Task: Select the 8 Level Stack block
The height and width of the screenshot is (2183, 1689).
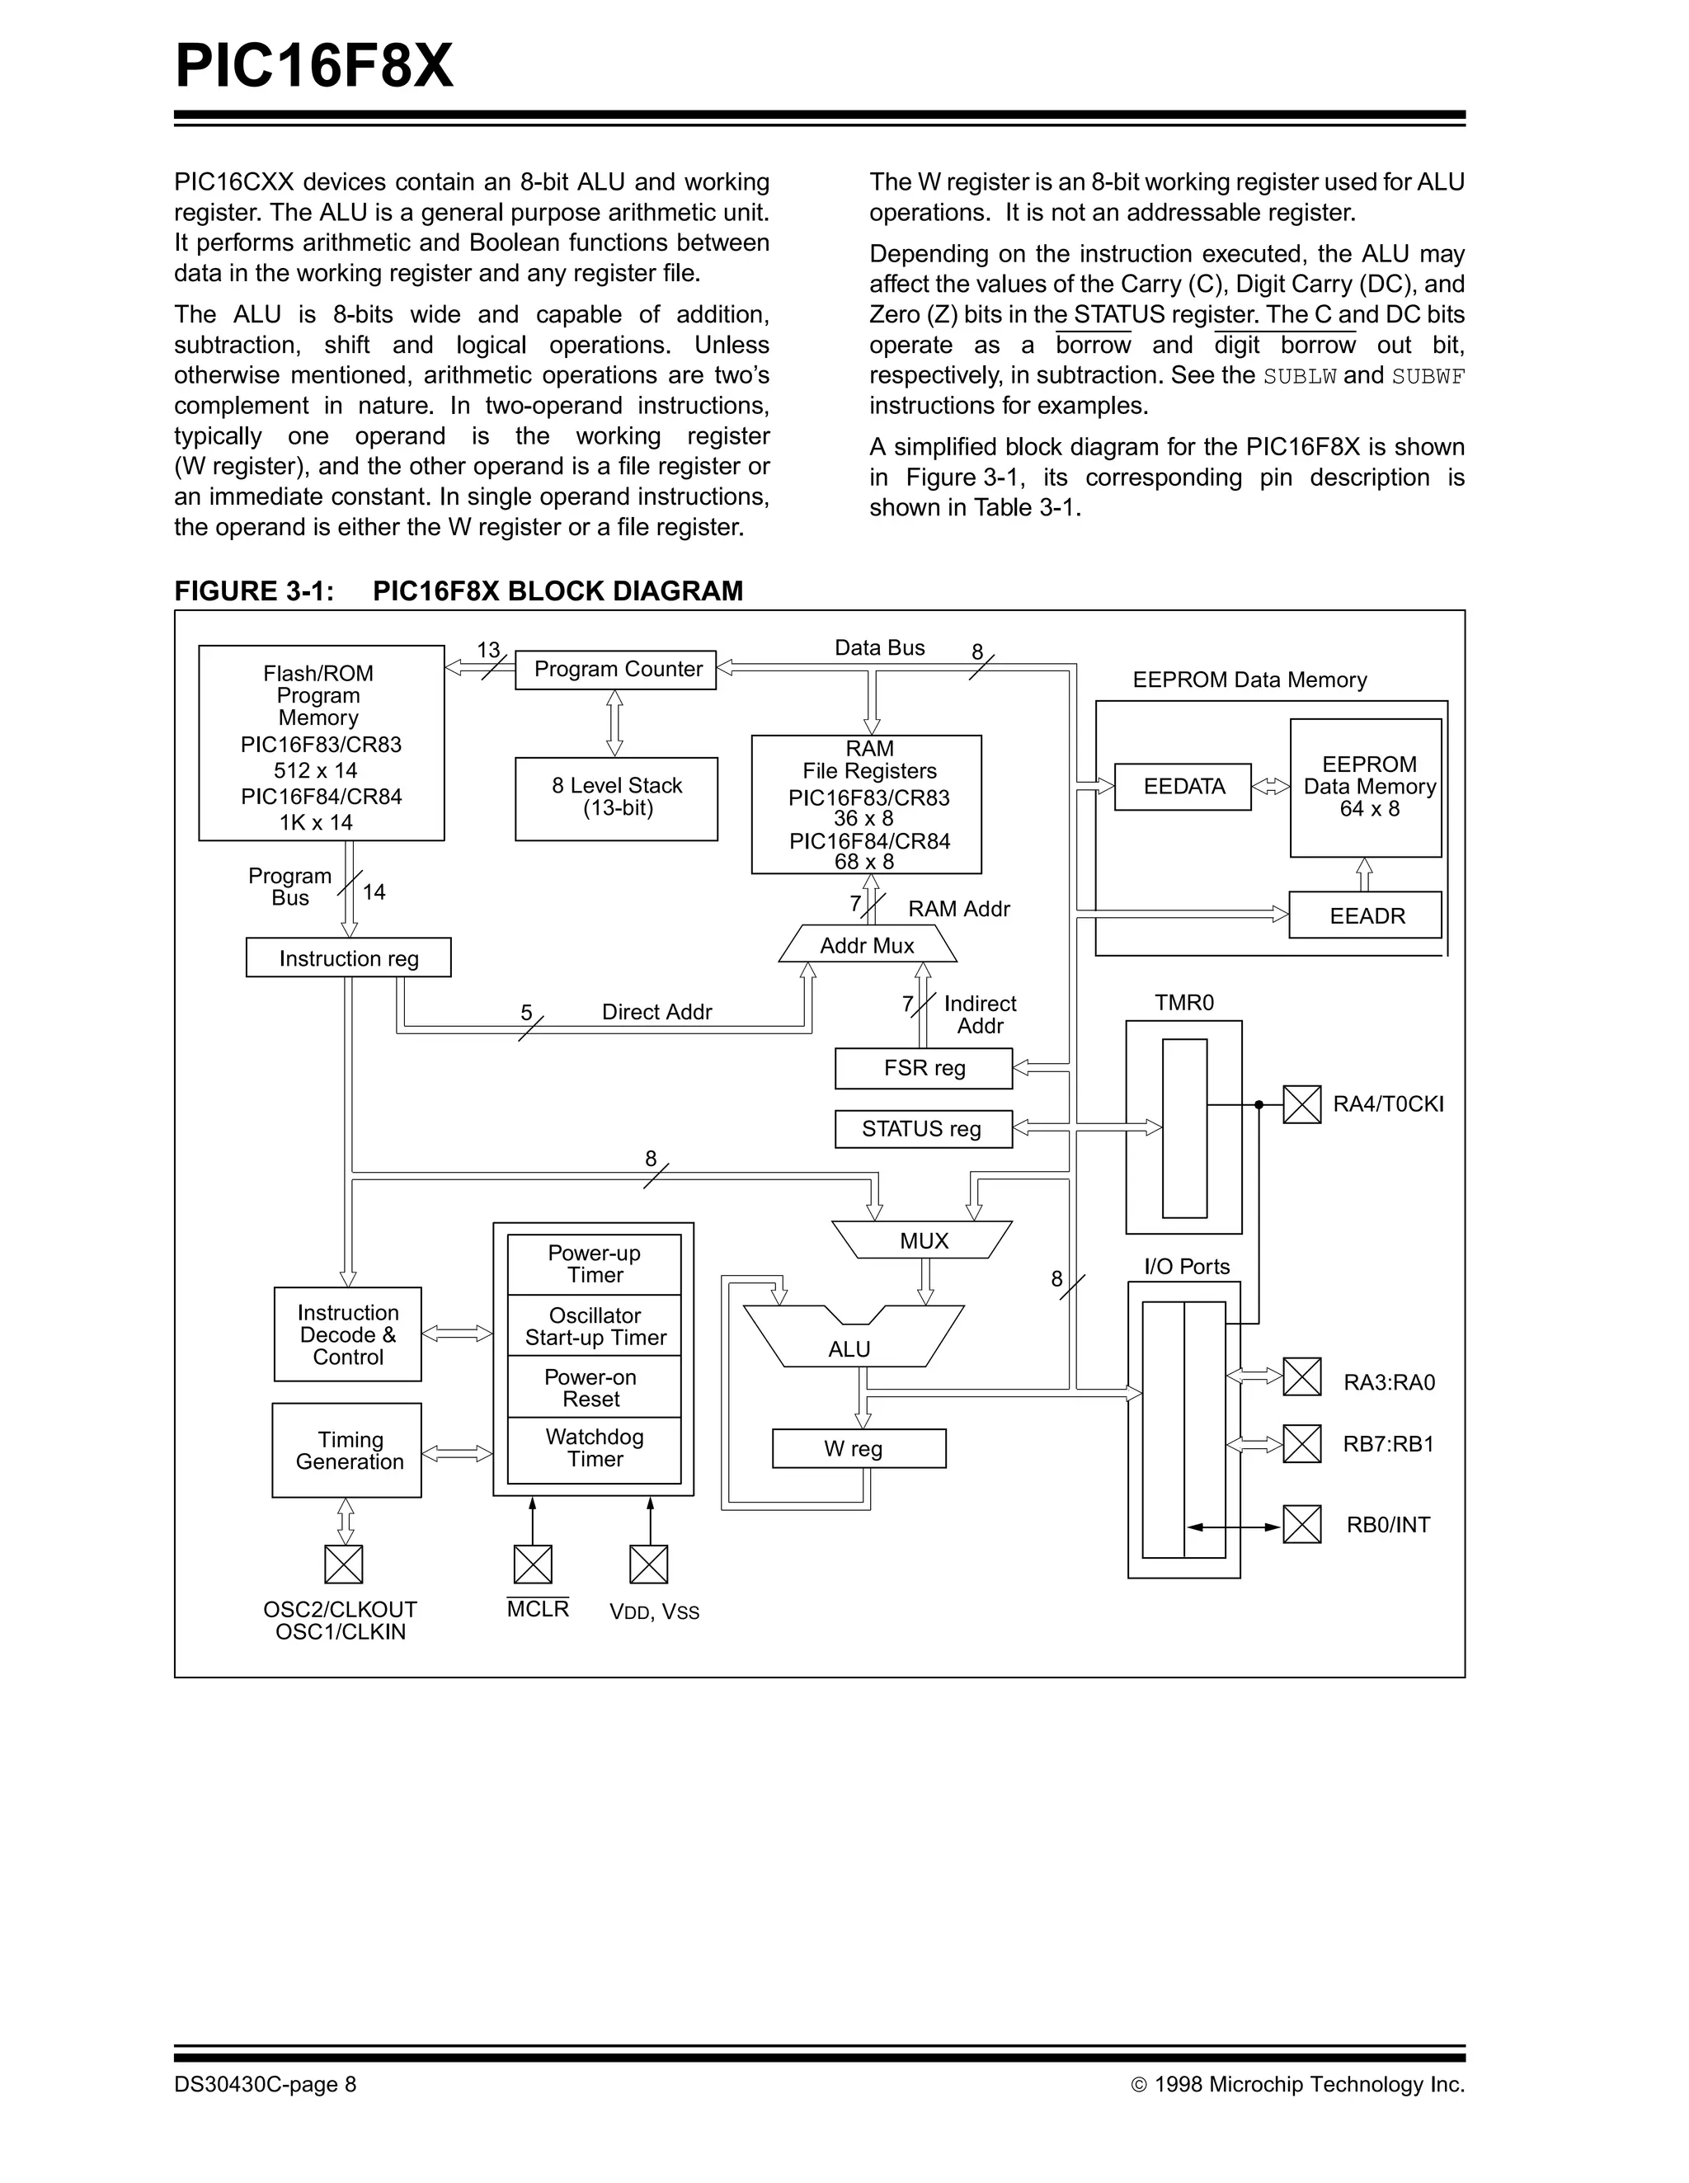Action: click(x=617, y=798)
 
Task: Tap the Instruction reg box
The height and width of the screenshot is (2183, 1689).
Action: click(x=348, y=957)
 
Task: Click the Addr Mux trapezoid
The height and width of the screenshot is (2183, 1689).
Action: click(x=867, y=944)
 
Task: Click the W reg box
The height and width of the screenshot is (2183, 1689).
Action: click(x=859, y=1448)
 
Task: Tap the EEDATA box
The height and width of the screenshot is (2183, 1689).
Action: click(x=1183, y=787)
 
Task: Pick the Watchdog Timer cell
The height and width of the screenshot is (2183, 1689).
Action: click(x=595, y=1448)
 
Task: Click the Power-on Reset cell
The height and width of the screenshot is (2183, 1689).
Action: click(x=594, y=1387)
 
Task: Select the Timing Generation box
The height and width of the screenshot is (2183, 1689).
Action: click(x=347, y=1451)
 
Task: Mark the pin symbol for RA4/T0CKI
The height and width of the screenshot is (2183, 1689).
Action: click(x=1301, y=1104)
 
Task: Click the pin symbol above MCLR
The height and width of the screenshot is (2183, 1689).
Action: click(x=533, y=1564)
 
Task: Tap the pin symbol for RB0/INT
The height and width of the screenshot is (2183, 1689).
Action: click(x=1301, y=1524)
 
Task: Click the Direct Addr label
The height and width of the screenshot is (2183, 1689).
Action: click(x=656, y=1012)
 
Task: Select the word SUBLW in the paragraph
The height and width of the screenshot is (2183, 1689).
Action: click(x=1299, y=377)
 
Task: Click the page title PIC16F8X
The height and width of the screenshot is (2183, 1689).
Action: click(x=314, y=66)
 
